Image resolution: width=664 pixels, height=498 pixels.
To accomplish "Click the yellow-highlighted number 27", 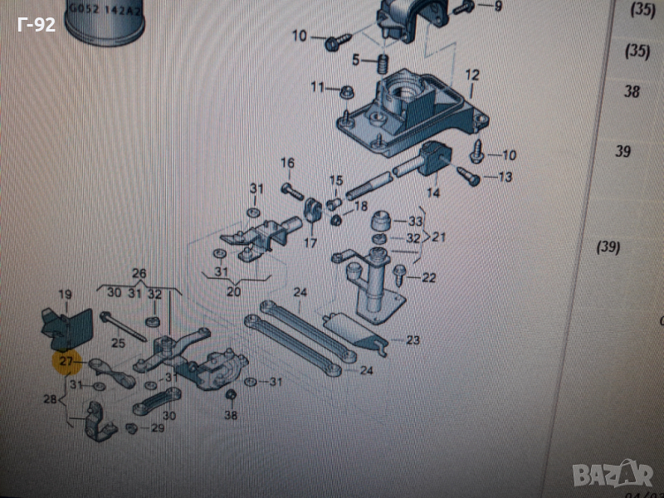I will click(x=66, y=362).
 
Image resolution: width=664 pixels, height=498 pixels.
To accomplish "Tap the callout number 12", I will click(x=471, y=76).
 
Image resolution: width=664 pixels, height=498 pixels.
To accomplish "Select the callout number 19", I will click(x=66, y=295).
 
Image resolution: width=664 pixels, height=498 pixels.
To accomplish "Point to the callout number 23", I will click(x=413, y=339).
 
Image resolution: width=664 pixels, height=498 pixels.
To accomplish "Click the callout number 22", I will click(x=428, y=278).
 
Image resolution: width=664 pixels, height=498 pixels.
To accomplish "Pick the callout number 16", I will click(x=287, y=163).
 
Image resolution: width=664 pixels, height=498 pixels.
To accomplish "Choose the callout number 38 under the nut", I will click(x=231, y=415).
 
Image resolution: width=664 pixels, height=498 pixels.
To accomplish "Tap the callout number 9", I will click(x=497, y=7).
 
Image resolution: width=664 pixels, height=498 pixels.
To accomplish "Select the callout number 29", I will click(x=157, y=428).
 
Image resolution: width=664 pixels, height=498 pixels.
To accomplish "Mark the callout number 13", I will click(x=505, y=177).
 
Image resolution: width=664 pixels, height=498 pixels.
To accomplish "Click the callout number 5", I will click(x=355, y=60).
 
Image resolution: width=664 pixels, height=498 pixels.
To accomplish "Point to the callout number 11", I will click(x=318, y=87).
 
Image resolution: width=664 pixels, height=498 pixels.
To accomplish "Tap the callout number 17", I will click(x=310, y=243).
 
